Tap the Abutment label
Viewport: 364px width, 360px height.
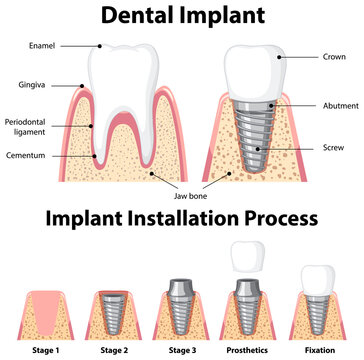pyautogui.click(x=334, y=106)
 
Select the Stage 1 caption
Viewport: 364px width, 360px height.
pyautogui.click(x=45, y=351)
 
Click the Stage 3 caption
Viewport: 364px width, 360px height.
pyautogui.click(x=183, y=351)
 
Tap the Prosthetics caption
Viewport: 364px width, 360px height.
pyautogui.click(x=251, y=351)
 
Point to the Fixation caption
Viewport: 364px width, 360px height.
pyautogui.click(x=319, y=351)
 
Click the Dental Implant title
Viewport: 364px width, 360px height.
pyautogui.click(x=182, y=15)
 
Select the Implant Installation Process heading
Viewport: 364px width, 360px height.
pyautogui.click(x=182, y=218)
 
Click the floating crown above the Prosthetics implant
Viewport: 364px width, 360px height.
pyautogui.click(x=248, y=257)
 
